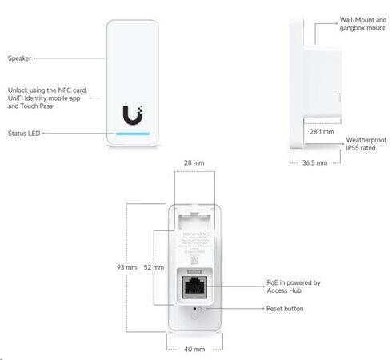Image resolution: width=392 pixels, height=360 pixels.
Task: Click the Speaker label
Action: coord(21,58)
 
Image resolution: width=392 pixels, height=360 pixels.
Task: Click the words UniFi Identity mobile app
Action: coord(45,98)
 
